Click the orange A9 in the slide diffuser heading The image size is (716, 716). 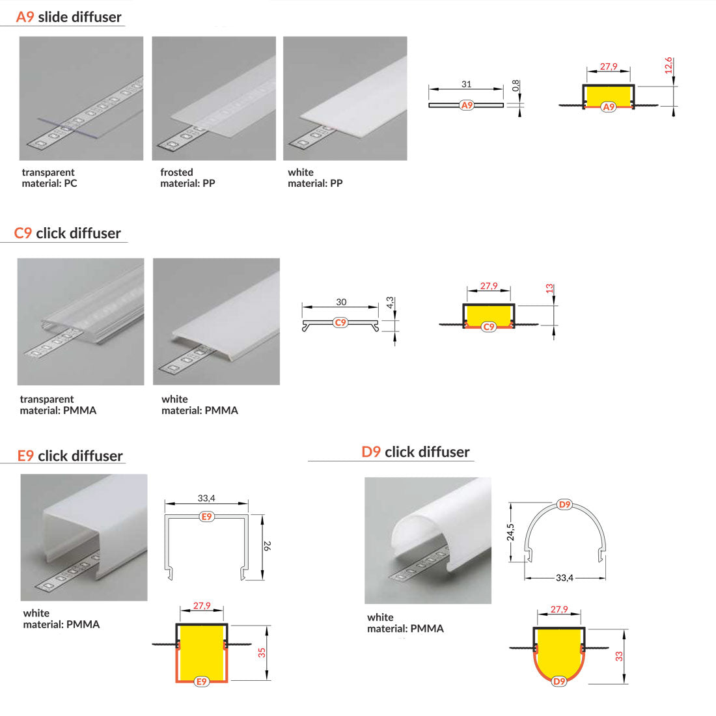25,17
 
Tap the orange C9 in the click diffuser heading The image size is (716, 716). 23,233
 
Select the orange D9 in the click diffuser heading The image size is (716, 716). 371,452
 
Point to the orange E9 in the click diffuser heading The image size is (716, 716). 25,456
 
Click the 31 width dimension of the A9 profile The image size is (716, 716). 466,84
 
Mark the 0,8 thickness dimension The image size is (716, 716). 516,85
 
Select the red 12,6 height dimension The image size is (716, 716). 668,65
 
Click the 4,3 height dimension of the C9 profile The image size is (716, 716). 390,303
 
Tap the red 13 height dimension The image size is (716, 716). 549,288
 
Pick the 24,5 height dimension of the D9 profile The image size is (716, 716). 510,532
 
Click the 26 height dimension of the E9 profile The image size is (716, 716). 267,545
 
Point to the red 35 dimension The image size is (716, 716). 262,653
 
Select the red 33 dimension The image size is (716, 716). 619,656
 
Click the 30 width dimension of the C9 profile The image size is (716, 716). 341,302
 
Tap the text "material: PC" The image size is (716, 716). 49,183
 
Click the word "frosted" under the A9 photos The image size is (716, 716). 176,172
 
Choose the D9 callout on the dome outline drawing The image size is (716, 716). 565,504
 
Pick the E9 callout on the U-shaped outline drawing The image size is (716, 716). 206,516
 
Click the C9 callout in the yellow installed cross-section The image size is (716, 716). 489,327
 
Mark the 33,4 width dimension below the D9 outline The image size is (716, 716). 564,577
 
